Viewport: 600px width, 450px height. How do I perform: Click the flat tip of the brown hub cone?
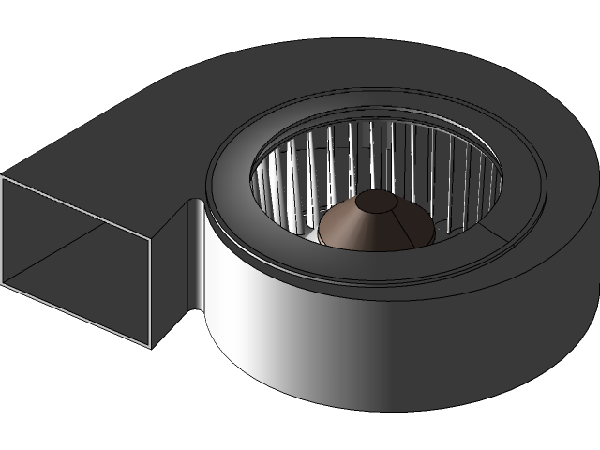tap(377, 201)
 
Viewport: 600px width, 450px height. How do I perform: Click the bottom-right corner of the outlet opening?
tap(150, 347)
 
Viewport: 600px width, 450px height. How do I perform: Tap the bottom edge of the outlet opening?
tap(75, 315)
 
